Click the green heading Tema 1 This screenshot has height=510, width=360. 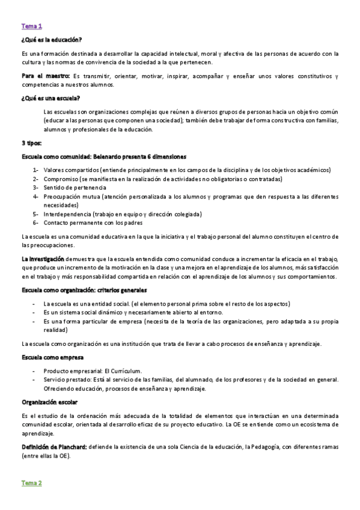[x=31, y=26]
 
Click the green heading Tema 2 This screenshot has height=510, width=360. [x=31, y=483]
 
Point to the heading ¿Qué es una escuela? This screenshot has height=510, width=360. [x=50, y=99]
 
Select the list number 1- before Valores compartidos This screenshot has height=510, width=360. [x=36, y=170]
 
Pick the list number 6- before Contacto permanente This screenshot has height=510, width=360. [x=36, y=222]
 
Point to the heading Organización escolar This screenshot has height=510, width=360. [x=49, y=401]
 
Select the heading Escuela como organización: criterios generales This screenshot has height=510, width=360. [x=82, y=290]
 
